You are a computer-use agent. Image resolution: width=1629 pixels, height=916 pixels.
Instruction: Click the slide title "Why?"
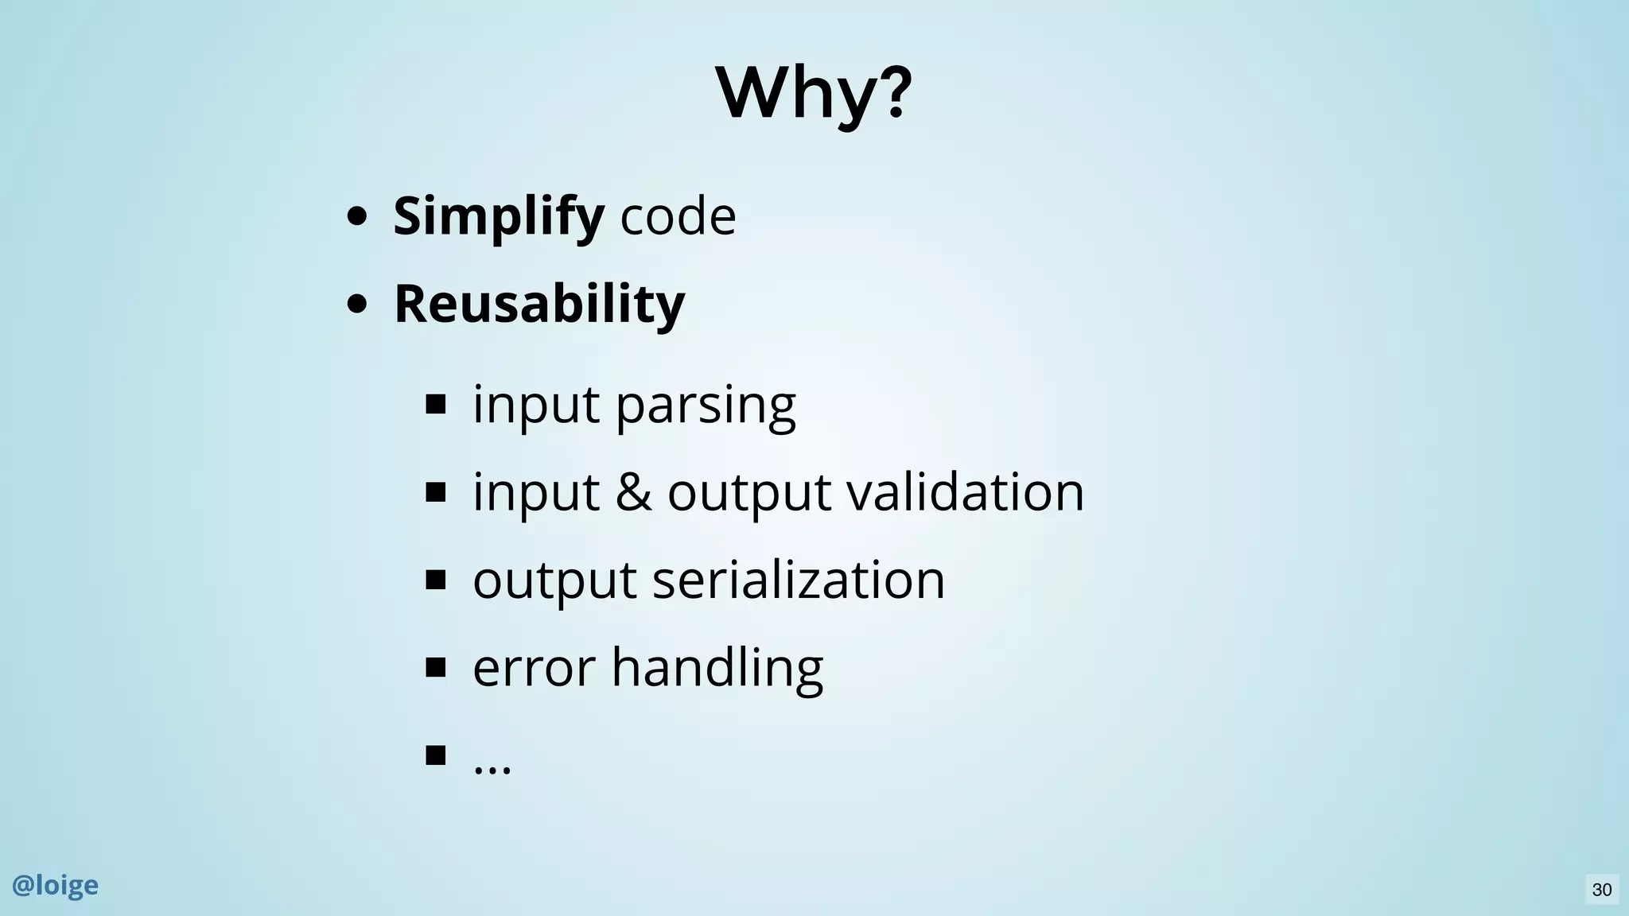click(813, 93)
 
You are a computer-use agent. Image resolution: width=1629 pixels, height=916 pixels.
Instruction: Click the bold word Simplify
click(498, 216)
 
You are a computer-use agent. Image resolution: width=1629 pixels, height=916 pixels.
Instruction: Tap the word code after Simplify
click(678, 216)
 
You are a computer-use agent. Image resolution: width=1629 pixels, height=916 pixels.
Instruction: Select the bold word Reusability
click(538, 304)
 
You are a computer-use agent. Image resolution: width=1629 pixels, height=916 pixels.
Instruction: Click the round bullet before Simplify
click(357, 216)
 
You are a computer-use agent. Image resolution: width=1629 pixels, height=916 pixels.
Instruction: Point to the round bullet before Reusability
click(357, 304)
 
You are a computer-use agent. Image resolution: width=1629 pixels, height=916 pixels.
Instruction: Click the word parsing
click(705, 406)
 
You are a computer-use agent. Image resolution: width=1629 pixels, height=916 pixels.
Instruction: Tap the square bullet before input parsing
click(436, 405)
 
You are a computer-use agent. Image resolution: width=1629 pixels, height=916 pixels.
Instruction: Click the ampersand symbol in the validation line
click(632, 492)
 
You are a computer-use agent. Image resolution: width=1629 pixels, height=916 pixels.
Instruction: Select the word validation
click(965, 492)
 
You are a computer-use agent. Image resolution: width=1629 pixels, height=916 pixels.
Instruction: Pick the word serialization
click(798, 580)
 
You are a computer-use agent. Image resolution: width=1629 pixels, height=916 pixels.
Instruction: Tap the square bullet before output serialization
click(436, 580)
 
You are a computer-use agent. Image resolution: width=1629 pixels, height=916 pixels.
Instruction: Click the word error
click(534, 667)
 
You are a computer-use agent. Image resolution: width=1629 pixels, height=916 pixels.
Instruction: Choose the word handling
click(717, 668)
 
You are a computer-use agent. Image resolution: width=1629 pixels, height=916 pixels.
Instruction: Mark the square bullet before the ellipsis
click(436, 755)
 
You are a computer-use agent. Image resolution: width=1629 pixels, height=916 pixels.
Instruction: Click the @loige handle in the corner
click(56, 885)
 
